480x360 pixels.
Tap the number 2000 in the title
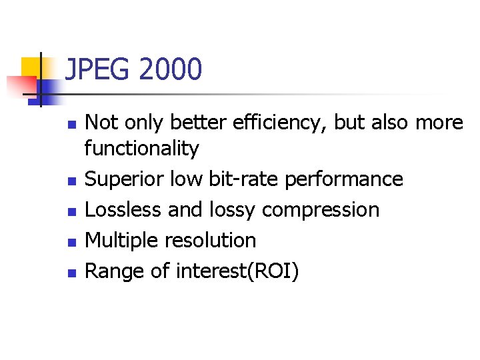tap(171, 69)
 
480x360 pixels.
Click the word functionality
tap(141, 149)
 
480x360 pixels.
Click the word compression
tap(321, 211)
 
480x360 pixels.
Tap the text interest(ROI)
tap(237, 271)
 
